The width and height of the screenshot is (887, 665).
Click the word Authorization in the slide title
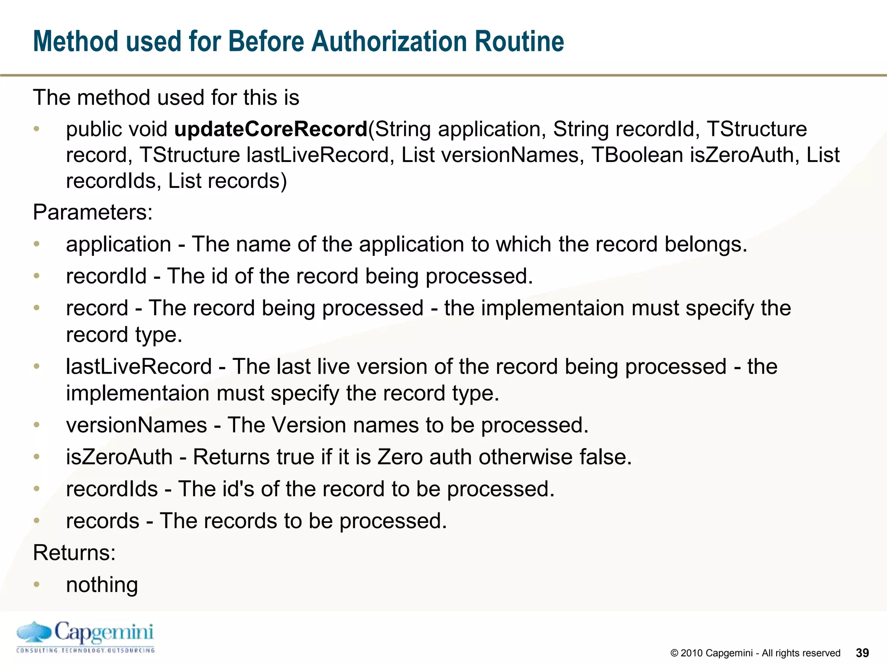(x=389, y=42)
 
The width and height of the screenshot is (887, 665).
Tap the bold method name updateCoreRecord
(x=271, y=129)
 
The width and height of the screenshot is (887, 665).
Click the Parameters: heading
(x=93, y=212)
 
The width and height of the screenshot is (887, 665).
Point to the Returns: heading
(x=74, y=552)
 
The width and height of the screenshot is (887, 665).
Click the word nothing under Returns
(x=102, y=584)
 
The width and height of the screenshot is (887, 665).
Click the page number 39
(x=862, y=653)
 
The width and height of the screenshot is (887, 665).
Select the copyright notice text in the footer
(x=755, y=653)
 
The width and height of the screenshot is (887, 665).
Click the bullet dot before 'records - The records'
(x=37, y=520)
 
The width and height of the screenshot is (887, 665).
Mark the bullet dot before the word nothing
(x=37, y=584)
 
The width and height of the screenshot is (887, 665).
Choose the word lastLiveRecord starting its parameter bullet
(x=139, y=366)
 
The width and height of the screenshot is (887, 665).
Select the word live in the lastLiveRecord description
(x=333, y=366)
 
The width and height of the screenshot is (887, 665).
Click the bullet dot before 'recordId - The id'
(x=37, y=275)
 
